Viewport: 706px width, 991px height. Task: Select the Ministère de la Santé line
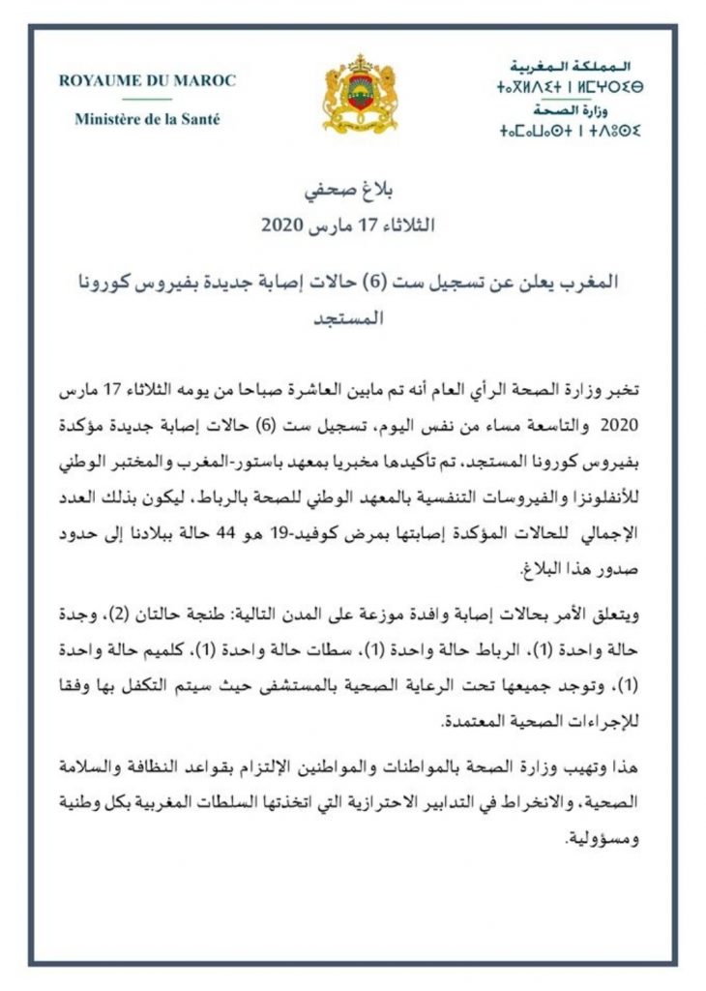147,120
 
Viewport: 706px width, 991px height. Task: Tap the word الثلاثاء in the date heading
403,227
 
